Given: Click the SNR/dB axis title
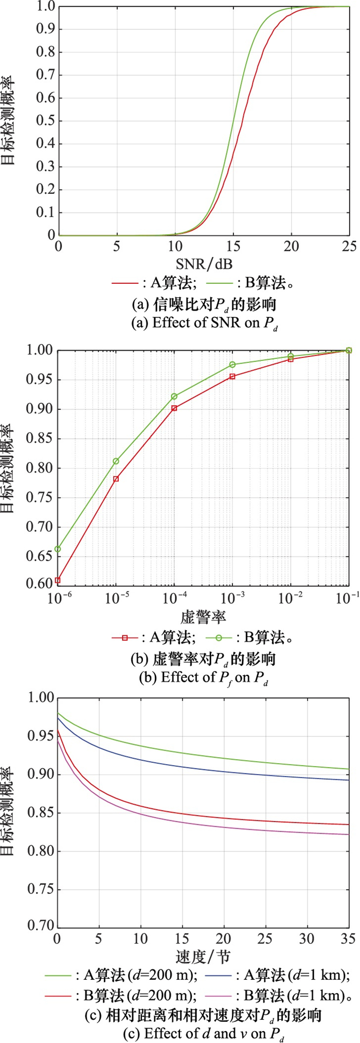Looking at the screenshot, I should (204, 264).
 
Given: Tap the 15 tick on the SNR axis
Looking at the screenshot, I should (233, 246).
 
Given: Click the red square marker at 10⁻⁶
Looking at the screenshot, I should (58, 580).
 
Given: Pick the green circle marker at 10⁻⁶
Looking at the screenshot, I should (58, 549).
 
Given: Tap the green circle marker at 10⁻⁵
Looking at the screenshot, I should (116, 461).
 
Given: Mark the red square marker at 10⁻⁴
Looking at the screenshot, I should (174, 408).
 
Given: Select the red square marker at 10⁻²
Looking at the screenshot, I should (291, 359).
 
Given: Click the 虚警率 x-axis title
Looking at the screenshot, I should (204, 617).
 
